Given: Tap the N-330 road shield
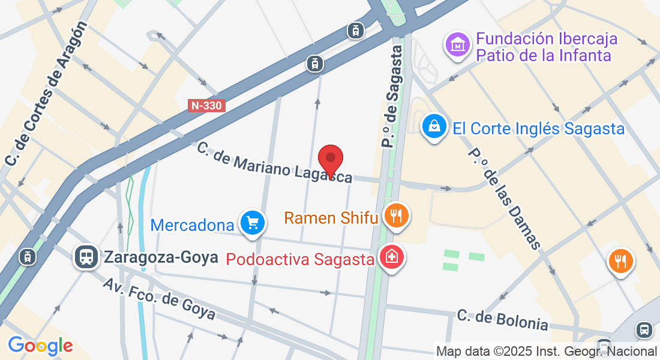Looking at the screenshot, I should point(206,106).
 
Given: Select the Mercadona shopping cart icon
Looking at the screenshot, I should point(252,223).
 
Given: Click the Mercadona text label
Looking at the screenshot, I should point(192,225).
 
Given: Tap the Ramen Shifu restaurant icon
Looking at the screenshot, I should point(395,215).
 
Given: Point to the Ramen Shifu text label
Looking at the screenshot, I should point(331,217).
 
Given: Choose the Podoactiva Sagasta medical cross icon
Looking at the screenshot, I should point(392,258).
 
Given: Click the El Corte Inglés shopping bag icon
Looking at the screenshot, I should point(433,127).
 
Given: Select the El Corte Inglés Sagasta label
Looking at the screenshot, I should point(539,128).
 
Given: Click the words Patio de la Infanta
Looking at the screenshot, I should point(544,56).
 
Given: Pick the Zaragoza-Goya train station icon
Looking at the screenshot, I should point(87,257).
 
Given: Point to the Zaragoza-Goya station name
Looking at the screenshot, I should point(160,258).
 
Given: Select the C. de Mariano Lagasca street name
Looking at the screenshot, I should point(274,162).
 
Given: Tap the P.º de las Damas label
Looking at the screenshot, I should point(504,198).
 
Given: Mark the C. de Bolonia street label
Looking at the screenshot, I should point(502,320).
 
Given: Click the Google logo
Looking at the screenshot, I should point(40,346).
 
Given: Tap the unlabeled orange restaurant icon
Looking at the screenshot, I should point(621,261).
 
